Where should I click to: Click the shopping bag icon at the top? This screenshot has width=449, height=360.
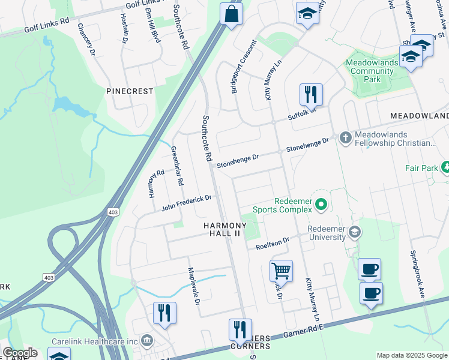[x=231, y=14]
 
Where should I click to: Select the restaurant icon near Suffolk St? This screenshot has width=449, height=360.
[x=311, y=94]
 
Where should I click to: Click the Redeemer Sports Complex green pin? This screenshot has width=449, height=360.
[x=321, y=205]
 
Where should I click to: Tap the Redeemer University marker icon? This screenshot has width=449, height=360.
[x=355, y=232]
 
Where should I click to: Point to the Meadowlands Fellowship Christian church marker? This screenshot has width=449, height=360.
[x=345, y=138]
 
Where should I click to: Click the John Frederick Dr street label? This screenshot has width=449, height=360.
[x=187, y=203]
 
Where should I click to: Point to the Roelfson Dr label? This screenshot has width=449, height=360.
[x=273, y=244]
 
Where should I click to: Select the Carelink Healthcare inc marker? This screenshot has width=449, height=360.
[x=146, y=341]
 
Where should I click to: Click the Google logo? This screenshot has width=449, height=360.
[x=19, y=353]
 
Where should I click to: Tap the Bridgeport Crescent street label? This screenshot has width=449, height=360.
[x=244, y=67]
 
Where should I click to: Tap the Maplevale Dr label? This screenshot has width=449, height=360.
[x=194, y=286]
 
